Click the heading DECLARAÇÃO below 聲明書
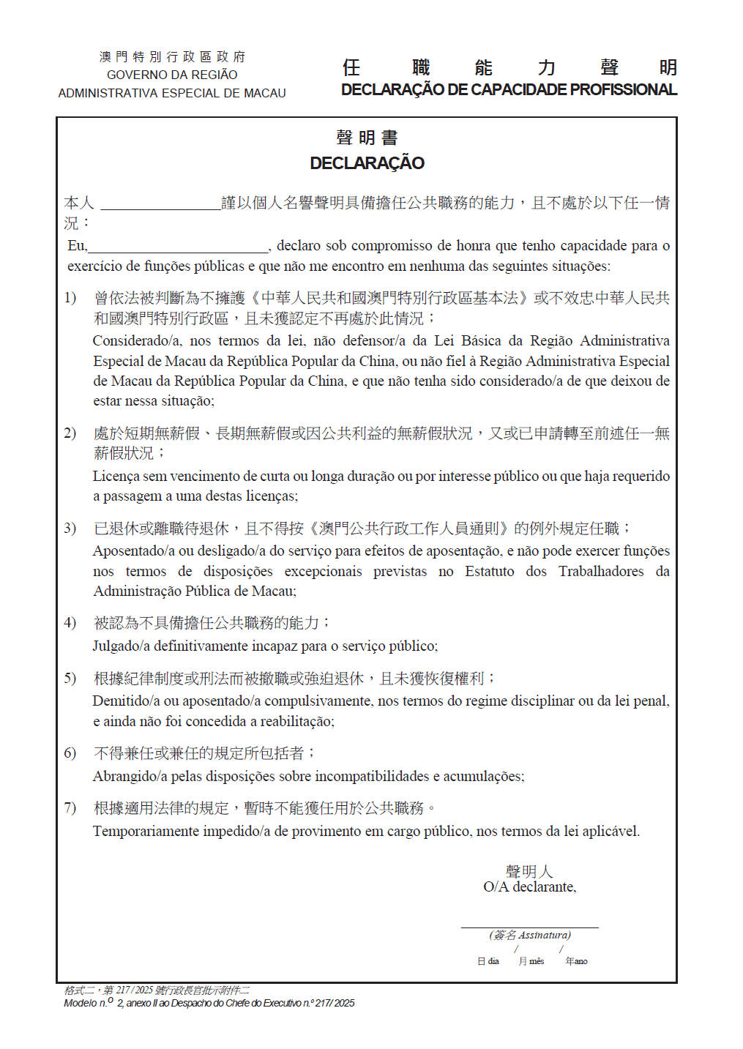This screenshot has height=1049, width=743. click(x=367, y=163)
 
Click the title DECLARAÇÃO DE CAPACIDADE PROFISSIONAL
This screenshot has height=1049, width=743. click(x=509, y=90)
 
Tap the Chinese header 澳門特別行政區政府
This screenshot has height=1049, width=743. click(x=172, y=56)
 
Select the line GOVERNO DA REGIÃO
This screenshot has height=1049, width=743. click(x=172, y=75)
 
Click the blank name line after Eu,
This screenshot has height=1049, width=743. click(x=178, y=247)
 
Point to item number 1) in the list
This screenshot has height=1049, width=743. click(x=70, y=298)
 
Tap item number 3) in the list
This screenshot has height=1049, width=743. click(x=70, y=529)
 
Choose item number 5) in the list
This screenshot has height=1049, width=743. click(x=70, y=679)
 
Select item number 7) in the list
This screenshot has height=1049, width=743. click(x=70, y=808)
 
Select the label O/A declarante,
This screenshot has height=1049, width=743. click(x=529, y=887)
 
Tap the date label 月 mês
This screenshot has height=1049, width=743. click(x=531, y=961)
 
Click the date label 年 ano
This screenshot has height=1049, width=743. click(x=577, y=961)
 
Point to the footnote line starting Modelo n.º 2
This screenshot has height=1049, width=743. click(x=209, y=1003)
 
